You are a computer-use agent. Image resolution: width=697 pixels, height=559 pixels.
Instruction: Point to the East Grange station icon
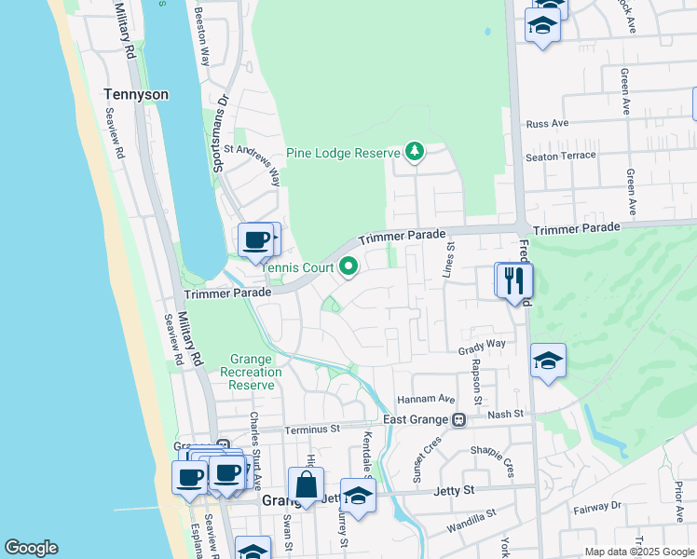pos(458,420)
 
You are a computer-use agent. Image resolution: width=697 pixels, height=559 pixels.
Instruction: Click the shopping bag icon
pos(306,484)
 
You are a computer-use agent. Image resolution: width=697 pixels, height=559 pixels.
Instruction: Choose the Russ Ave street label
pos(547,124)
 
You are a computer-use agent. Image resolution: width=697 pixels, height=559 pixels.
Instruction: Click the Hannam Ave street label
pos(425,398)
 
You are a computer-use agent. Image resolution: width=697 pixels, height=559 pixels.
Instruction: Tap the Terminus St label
pos(312,429)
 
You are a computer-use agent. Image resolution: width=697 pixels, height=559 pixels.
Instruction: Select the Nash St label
pos(505,413)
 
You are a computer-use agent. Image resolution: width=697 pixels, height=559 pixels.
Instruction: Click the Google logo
pos(31,548)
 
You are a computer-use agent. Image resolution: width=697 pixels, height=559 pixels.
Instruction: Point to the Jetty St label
pos(456,489)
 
